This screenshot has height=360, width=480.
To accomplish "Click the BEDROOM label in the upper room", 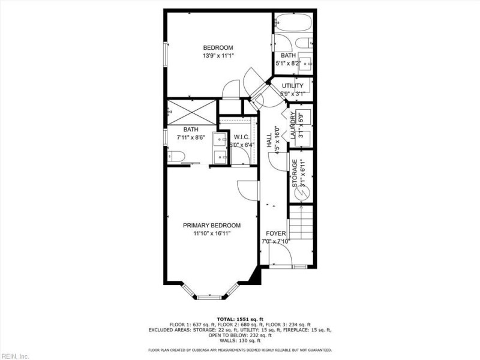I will (x=218, y=48).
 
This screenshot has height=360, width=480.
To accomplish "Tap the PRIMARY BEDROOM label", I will (x=212, y=226).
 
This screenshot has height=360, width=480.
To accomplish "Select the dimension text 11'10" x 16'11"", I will (x=212, y=233).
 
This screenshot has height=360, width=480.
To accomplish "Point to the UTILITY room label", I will (x=292, y=86).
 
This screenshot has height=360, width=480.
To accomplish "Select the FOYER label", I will (x=275, y=233).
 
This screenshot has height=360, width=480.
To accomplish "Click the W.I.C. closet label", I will (x=241, y=137).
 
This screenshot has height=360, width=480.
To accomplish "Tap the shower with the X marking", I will (x=191, y=111).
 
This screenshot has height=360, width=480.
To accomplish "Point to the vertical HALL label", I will (x=269, y=143).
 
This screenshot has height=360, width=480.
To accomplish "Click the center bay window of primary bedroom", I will (x=211, y=295).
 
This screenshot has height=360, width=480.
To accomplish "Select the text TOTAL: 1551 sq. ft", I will (x=239, y=319).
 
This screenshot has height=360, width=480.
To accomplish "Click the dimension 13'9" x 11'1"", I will (x=218, y=55).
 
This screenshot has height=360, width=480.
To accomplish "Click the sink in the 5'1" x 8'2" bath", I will (x=306, y=63).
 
